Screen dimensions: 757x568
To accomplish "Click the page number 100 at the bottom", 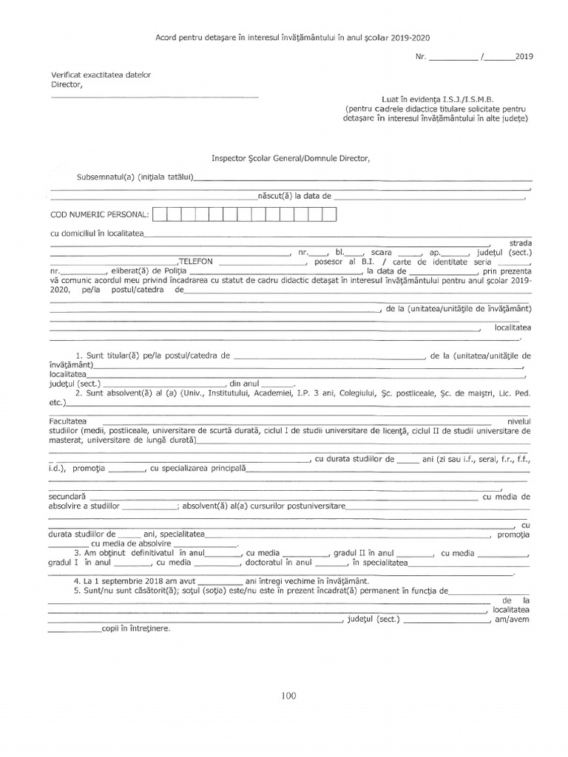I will (x=288, y=695).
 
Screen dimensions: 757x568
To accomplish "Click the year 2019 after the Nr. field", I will (x=524, y=56).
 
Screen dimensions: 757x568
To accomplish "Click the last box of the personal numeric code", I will (x=329, y=214).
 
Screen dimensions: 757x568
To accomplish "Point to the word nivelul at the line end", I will (x=515, y=421).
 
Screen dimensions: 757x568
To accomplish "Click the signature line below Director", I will (x=155, y=97).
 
